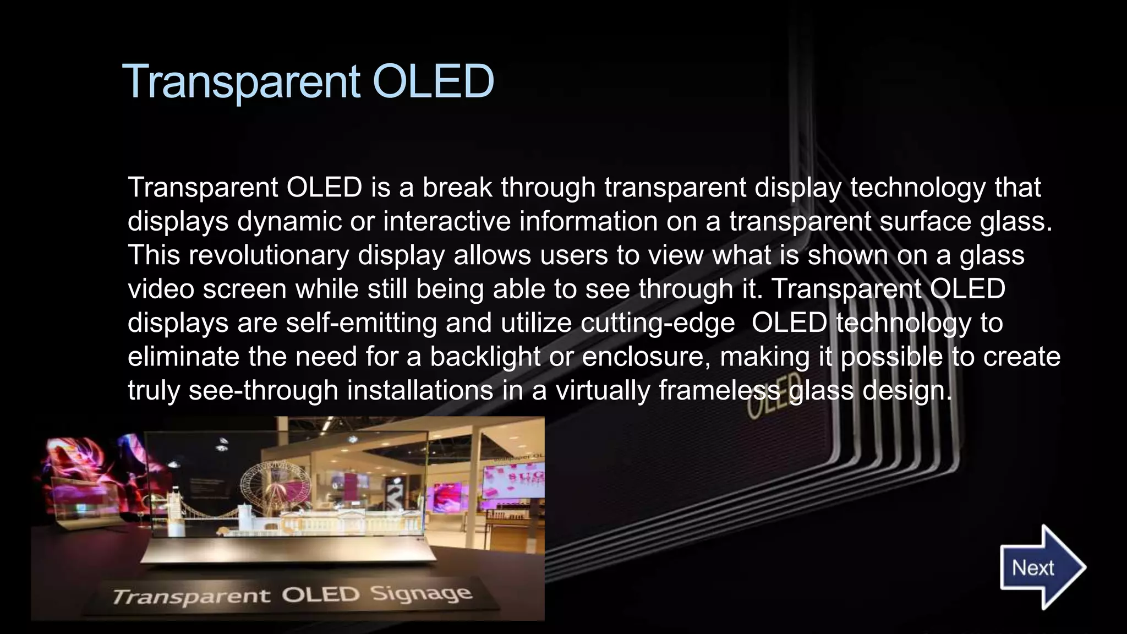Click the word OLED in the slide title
pos(433,81)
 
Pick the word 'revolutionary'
pos(269,255)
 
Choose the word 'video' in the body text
pos(161,289)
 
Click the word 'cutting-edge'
pos(658,323)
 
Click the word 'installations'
pos(420,390)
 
